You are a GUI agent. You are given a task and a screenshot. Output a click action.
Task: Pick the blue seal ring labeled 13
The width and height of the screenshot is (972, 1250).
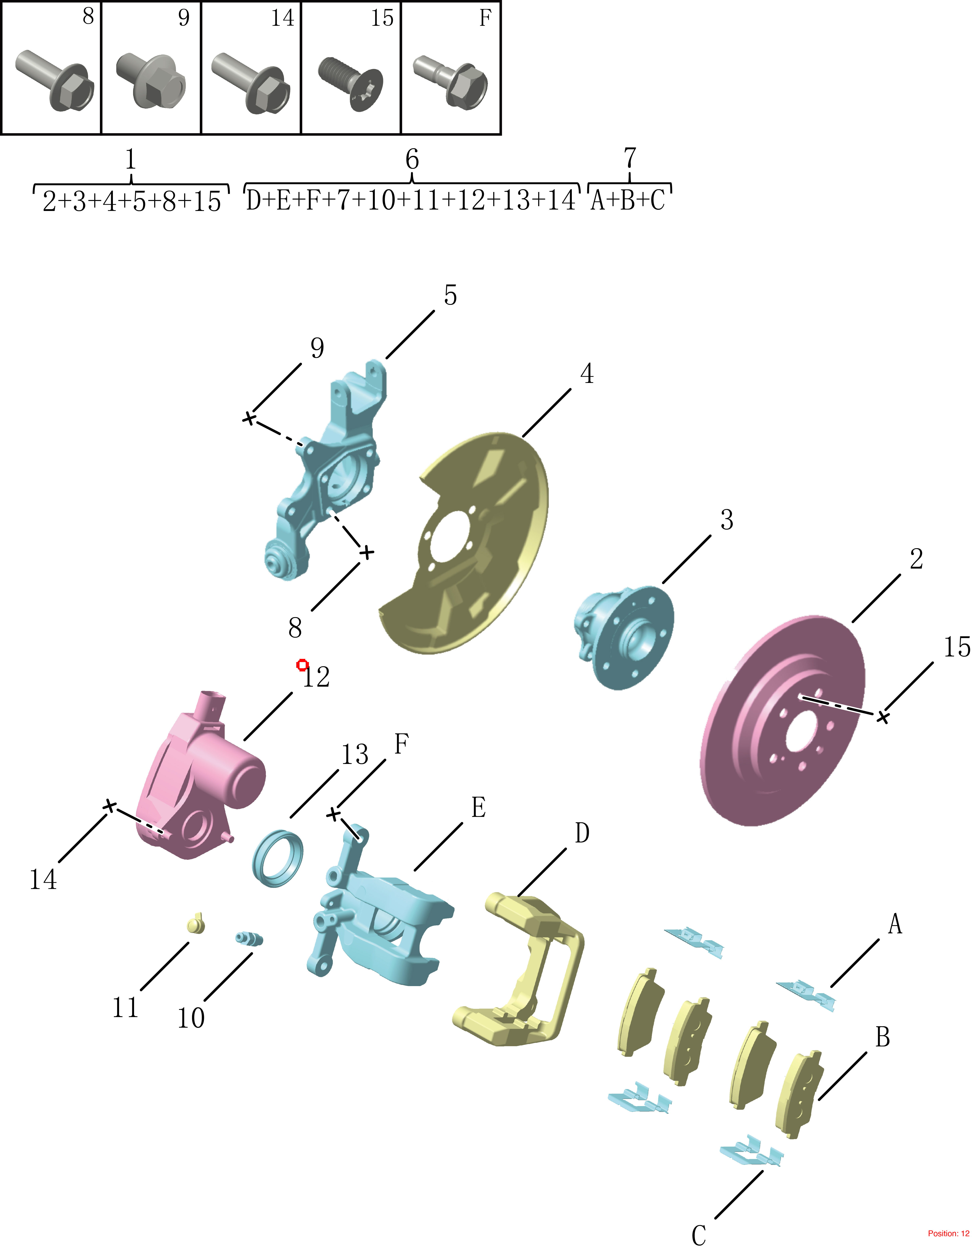tap(277, 858)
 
